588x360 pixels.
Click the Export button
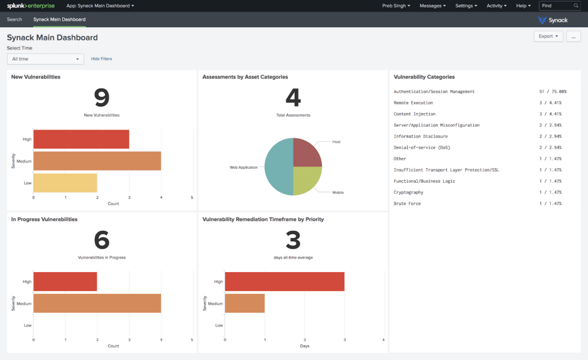click(548, 36)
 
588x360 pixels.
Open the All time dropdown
click(45, 59)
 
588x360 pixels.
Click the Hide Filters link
click(102, 59)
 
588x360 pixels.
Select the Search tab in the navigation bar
click(14, 20)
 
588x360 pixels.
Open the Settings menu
click(466, 6)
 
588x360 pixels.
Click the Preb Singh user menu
click(396, 6)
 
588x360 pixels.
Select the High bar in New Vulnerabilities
click(81, 140)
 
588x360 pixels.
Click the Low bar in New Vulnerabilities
click(65, 183)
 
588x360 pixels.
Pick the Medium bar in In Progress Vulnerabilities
click(97, 303)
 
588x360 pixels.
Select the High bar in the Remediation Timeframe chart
click(284, 282)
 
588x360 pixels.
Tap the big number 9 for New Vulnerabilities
click(102, 98)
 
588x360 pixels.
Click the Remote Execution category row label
click(413, 103)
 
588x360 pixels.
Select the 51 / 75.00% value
click(552, 92)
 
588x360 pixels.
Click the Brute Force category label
click(408, 204)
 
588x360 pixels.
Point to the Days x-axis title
click(304, 346)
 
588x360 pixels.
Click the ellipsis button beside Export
click(573, 36)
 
